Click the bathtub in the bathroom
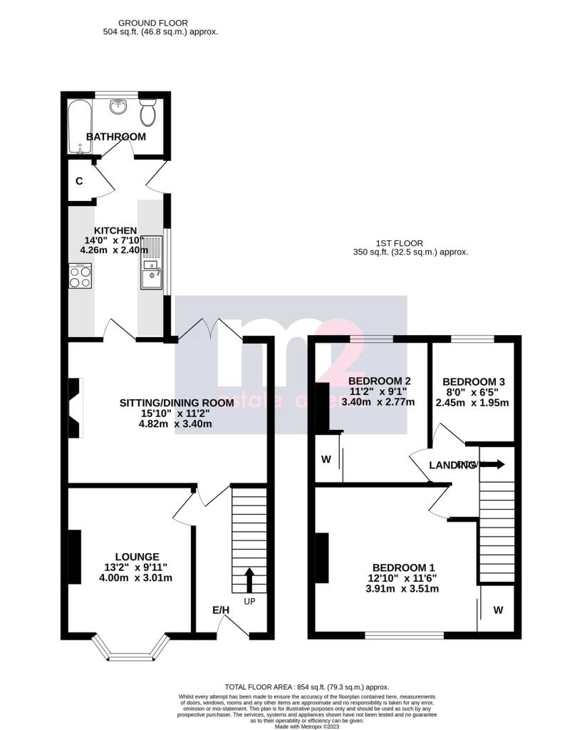[x=77, y=127]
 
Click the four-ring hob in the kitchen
[x=79, y=275]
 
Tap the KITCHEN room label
[x=115, y=230]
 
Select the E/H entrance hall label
[x=221, y=610]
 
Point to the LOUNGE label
[x=137, y=557]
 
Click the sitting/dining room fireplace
[x=75, y=408]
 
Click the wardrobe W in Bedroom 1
[x=498, y=610]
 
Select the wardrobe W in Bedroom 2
[x=326, y=459]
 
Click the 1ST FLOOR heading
[x=410, y=242]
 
